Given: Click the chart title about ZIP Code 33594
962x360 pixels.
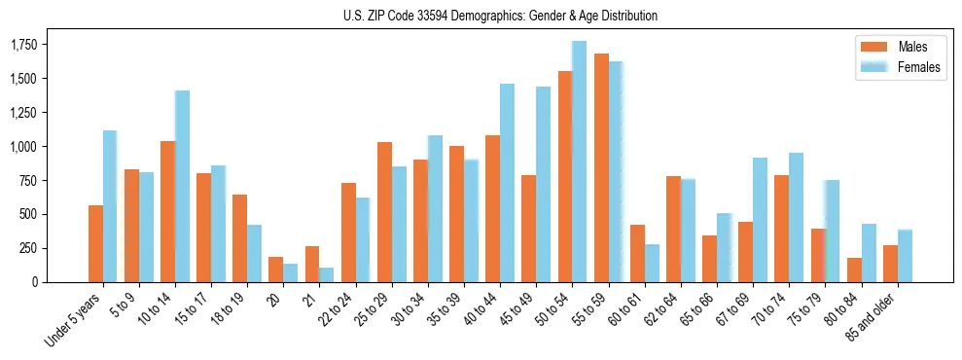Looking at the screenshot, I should pos(500,16).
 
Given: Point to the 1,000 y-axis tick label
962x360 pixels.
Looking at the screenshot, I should pos(21,147).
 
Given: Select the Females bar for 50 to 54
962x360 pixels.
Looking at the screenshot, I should pos(579,162).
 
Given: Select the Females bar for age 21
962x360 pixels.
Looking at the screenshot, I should pos(326,274).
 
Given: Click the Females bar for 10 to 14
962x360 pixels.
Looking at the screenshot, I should pos(182,186).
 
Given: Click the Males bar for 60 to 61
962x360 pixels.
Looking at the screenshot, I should pos(637,253).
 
